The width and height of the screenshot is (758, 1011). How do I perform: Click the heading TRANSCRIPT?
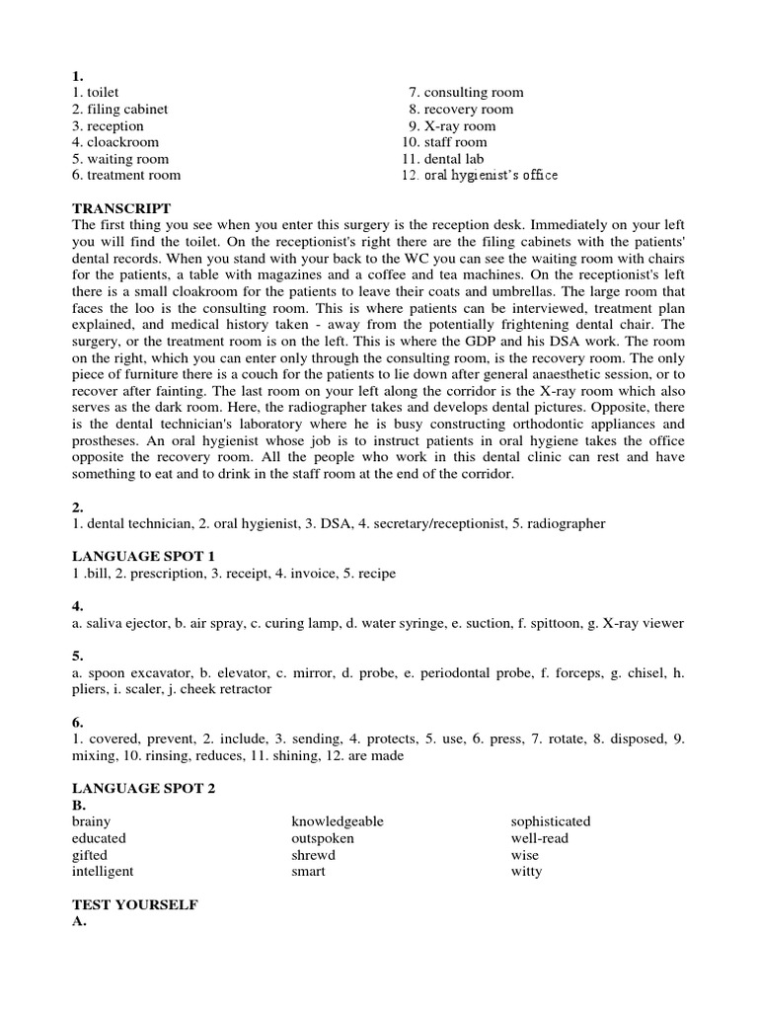pos(121,208)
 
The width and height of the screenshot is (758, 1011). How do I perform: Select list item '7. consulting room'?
pos(460,92)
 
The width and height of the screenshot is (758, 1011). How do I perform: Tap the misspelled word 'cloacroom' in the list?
pos(115,142)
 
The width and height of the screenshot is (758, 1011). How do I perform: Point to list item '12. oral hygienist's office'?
pos(480,176)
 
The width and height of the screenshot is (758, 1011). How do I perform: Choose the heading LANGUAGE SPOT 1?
pos(144,557)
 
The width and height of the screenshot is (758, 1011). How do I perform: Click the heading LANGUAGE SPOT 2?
pos(144,788)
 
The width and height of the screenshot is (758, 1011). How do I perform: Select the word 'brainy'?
pos(92,821)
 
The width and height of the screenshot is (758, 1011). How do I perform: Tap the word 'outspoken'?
pos(322,838)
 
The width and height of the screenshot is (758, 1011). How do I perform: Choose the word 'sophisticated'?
pos(551,821)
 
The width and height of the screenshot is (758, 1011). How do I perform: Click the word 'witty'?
pos(526,872)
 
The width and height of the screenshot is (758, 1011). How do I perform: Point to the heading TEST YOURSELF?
pos(135,904)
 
